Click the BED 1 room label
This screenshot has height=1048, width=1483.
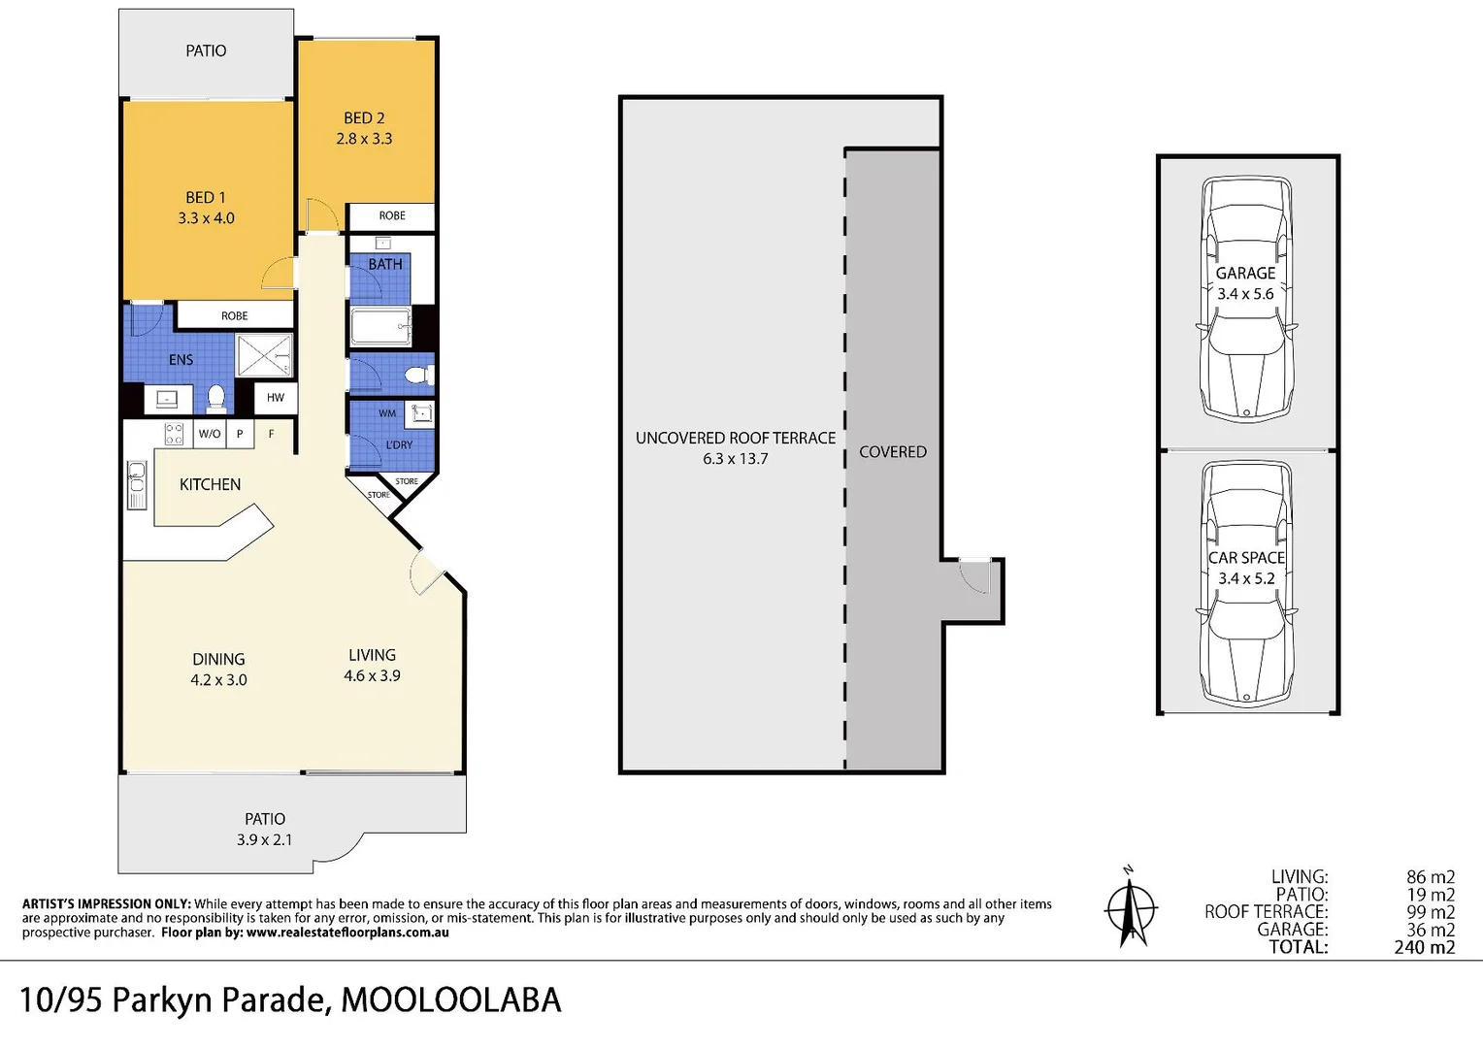206,197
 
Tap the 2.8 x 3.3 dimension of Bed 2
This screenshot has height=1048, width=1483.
364,139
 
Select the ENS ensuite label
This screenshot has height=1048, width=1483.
181,359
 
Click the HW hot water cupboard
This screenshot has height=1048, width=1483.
276,397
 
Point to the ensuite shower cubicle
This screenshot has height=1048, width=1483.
265,355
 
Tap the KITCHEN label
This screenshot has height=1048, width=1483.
210,484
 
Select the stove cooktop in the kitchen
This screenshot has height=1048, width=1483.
174,434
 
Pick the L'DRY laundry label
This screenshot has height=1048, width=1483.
399,444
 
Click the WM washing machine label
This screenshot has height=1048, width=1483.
387,413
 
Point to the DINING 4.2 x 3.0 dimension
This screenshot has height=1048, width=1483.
218,680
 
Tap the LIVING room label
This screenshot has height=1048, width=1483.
372,655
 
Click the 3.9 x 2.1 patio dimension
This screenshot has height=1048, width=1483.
264,839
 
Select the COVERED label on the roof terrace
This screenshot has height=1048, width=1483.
892,452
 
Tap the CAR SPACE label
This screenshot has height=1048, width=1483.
1246,558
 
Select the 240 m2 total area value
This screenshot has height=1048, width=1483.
1424,947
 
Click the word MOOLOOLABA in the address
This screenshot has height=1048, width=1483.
450,999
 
